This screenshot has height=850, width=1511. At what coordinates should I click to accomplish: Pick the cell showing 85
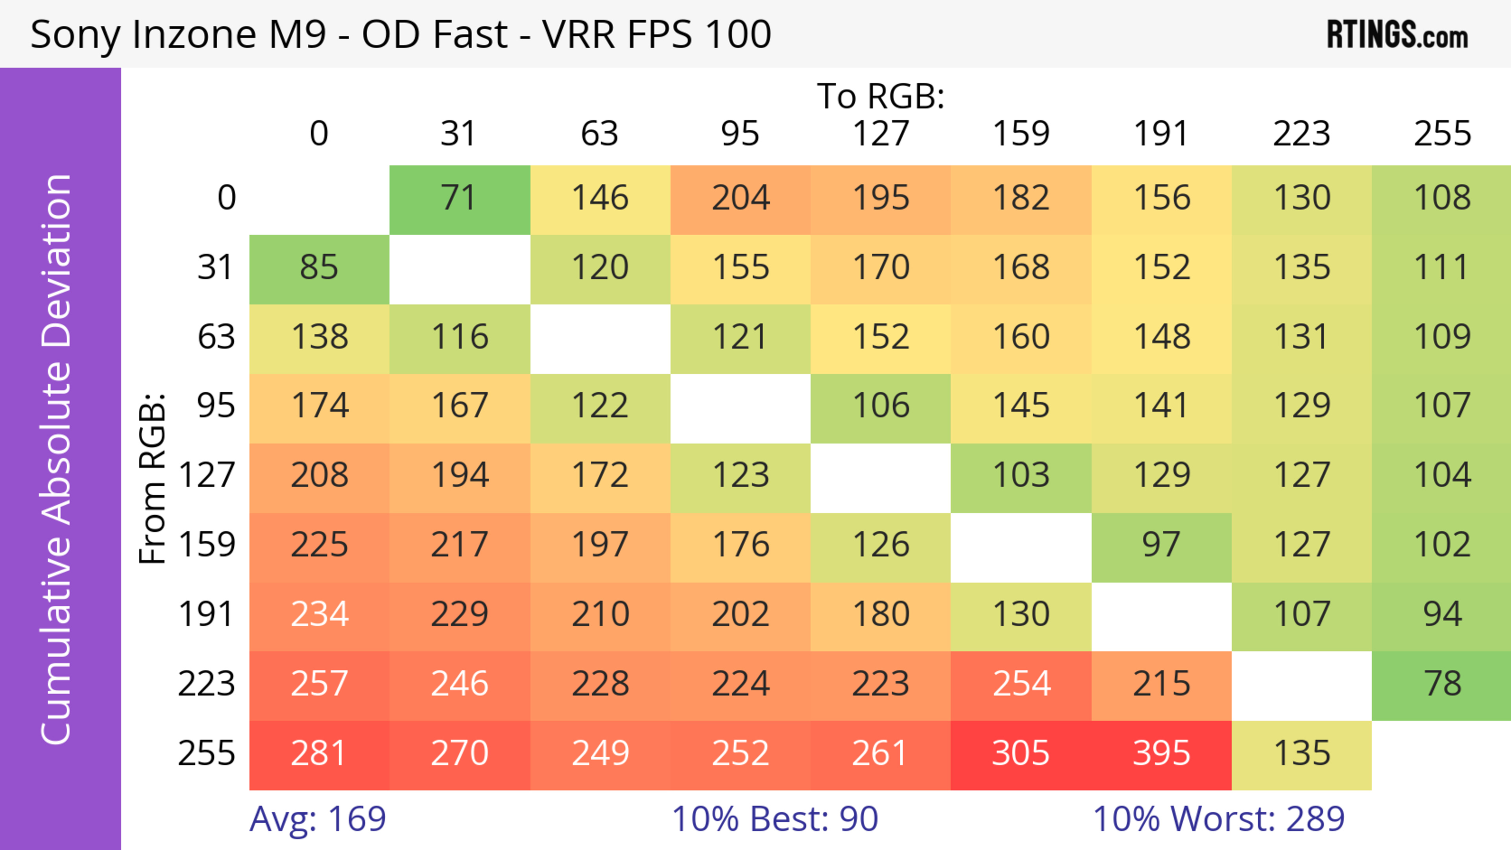pyautogui.click(x=319, y=267)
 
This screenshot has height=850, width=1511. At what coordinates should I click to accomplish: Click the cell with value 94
pyautogui.click(x=1442, y=614)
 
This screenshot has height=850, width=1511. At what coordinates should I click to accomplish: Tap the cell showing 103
pyautogui.click(x=1021, y=476)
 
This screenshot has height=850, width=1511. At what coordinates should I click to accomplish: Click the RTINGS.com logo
pyautogui.click(x=1397, y=35)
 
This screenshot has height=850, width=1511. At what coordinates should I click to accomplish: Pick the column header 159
pyautogui.click(x=1021, y=134)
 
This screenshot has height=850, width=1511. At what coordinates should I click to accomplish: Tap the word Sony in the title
pyautogui.click(x=75, y=35)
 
